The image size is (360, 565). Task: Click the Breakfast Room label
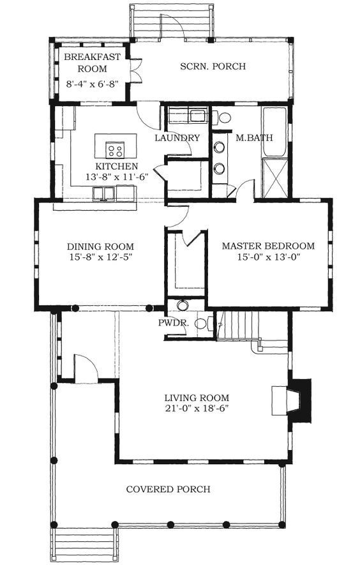pos(93,63)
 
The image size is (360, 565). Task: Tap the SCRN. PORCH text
pos(213,66)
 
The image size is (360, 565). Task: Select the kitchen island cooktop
pos(115,149)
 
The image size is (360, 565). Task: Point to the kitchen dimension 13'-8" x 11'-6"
pos(117,177)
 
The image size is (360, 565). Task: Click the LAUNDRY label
pos(177,138)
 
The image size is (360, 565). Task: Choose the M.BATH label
pos(254,138)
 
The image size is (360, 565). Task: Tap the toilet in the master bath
pos(222,117)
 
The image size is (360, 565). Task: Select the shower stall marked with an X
pos(275,178)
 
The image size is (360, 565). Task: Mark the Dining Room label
pos(100,247)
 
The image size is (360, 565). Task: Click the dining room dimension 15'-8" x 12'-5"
pos(100,257)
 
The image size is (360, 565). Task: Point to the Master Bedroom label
pos(268,246)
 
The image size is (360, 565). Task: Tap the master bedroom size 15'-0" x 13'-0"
pos(269,257)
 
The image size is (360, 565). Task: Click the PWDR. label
pos(174,323)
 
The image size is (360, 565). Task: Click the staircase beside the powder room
pos(238,325)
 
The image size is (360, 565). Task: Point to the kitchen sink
pos(104,193)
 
